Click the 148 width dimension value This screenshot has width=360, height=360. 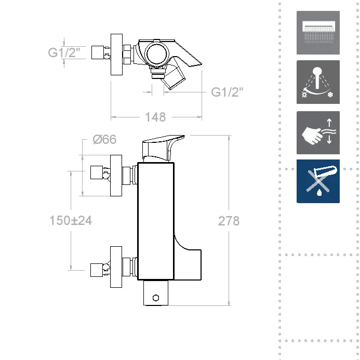tap(155, 117)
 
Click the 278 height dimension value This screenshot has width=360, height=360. tap(229, 220)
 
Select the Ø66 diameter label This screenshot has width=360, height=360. tap(104, 139)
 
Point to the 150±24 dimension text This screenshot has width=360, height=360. tap(71, 220)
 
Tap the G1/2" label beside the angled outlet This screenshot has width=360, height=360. tap(227, 92)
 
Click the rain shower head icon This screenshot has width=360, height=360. tap(318, 33)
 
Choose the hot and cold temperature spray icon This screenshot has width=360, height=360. tap(318, 82)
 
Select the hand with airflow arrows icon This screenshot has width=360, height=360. tap(318, 132)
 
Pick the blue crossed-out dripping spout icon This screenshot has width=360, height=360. tap(318, 181)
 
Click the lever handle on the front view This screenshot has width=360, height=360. tap(163, 147)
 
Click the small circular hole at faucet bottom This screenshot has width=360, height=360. tap(155, 298)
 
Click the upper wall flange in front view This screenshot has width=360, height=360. tap(116, 175)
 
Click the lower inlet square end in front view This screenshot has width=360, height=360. tap(96, 269)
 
